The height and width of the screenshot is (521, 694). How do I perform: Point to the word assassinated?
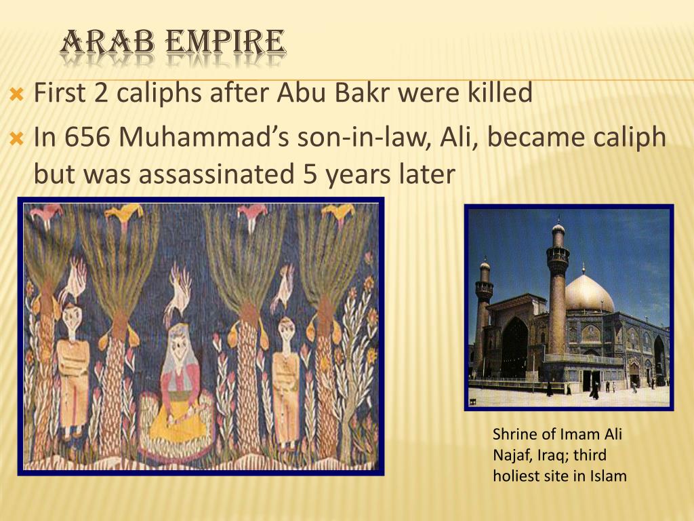[216, 174]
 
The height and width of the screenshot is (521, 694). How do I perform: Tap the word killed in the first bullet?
[498, 93]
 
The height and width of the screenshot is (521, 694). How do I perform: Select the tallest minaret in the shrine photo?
[557, 292]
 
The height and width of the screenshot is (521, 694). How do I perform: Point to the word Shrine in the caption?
[514, 435]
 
